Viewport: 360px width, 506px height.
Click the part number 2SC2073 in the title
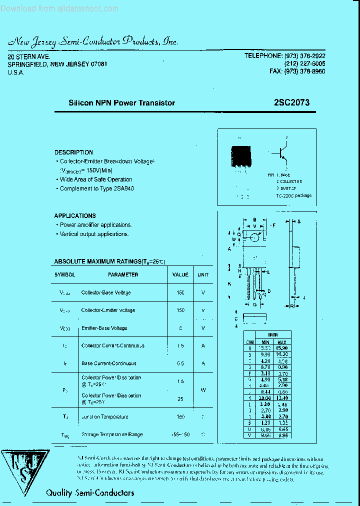pyautogui.click(x=291, y=102)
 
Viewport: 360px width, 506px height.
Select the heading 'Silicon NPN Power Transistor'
pyautogui.click(x=121, y=103)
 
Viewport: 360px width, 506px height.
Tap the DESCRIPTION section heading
pyautogui.click(x=73, y=152)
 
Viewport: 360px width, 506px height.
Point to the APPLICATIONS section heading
pyautogui.click(x=75, y=216)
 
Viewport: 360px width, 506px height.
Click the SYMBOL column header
pyautogui.click(x=64, y=274)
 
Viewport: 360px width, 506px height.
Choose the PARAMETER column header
pyautogui.click(x=123, y=274)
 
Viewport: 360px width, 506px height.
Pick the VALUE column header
pyautogui.click(x=180, y=274)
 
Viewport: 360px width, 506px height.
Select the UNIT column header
pyautogui.click(x=203, y=274)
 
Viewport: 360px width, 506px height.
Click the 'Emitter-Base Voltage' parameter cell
pyautogui.click(x=104, y=328)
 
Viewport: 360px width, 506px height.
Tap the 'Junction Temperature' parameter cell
pyautogui.click(x=104, y=417)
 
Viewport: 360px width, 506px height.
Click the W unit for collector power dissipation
pyautogui.click(x=203, y=390)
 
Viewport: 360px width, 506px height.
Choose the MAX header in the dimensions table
pyautogui.click(x=281, y=342)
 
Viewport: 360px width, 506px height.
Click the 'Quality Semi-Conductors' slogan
pyautogui.click(x=90, y=493)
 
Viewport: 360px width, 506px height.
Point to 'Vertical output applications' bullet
pyautogui.click(x=94, y=234)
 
